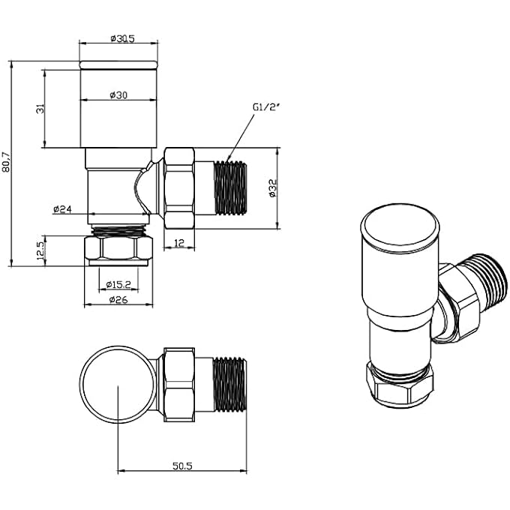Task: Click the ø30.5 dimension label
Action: [x=120, y=38]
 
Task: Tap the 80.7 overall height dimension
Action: [x=7, y=163]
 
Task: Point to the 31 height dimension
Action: [x=40, y=109]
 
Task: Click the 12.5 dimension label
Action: [x=40, y=250]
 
